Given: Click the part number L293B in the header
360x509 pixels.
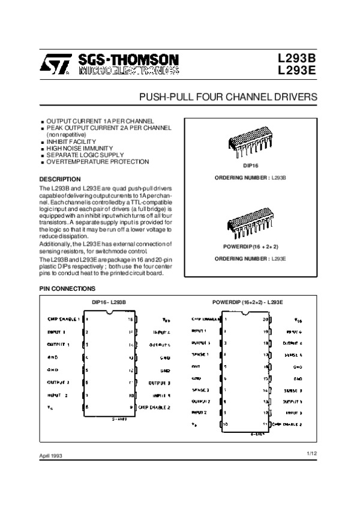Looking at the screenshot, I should (296, 59).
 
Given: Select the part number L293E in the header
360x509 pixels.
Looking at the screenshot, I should (296, 71).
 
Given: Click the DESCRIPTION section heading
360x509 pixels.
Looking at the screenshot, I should (59, 179).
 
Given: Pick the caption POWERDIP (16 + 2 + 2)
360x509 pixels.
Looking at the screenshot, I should (250, 246).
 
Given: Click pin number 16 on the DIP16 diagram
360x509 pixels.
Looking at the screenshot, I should (130, 320).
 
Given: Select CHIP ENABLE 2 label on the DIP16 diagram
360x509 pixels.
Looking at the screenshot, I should (155, 407).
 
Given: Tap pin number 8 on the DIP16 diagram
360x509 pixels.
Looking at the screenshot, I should (88, 407).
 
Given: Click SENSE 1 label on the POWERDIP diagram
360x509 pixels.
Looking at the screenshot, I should (201, 354).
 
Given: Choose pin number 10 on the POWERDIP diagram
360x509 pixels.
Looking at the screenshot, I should (224, 424).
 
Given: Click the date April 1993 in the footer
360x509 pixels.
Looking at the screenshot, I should (52, 456).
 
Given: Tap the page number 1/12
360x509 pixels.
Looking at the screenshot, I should (310, 454).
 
